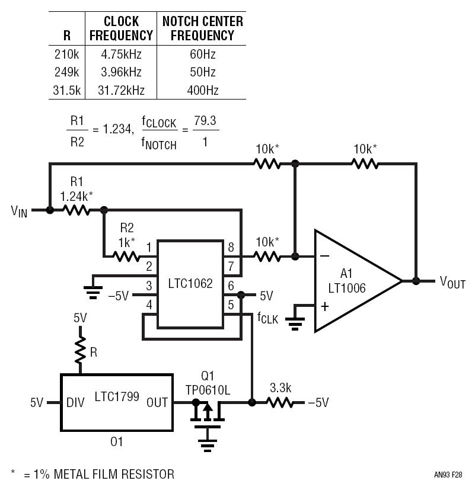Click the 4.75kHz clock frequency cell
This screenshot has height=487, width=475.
[x=121, y=55]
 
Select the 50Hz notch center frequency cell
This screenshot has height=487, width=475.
[x=203, y=72]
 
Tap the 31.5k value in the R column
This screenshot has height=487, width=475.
[x=66, y=91]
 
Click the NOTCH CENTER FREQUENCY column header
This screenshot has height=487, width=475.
[x=203, y=28]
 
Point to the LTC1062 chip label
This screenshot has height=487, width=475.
[x=190, y=283]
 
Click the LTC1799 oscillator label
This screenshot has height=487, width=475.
[x=117, y=396]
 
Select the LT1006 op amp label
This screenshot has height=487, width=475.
[x=347, y=288]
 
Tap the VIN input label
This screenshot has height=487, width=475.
[x=20, y=212]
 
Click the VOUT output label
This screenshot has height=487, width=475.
[x=452, y=282]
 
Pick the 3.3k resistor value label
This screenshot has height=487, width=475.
[x=280, y=387]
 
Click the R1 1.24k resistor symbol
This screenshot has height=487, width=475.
[x=76, y=210]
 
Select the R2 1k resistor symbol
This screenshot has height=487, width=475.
[x=126, y=257]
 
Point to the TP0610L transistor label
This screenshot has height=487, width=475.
[x=208, y=390]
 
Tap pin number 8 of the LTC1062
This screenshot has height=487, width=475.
[x=231, y=247]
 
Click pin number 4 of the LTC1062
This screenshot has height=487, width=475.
[x=149, y=305]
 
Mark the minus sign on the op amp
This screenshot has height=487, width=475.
[x=324, y=256]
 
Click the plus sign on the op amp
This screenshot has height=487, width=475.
[x=325, y=306]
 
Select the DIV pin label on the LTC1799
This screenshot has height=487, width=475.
[x=75, y=403]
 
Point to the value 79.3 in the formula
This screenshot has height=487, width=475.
[x=205, y=120]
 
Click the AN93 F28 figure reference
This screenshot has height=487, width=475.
[x=448, y=475]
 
